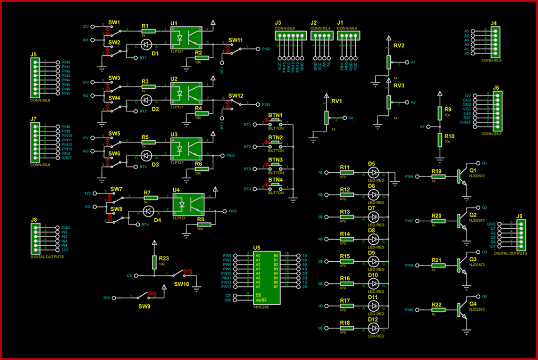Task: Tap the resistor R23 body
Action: [x=154, y=261]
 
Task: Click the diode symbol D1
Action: [x=147, y=44]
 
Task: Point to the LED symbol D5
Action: [x=374, y=172]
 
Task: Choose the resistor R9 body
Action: [x=440, y=113]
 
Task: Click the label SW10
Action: [x=181, y=284]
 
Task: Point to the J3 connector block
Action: [x=288, y=36]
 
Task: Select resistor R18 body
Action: [x=345, y=328]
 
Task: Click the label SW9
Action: [x=145, y=305]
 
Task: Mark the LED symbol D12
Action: [x=374, y=328]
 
